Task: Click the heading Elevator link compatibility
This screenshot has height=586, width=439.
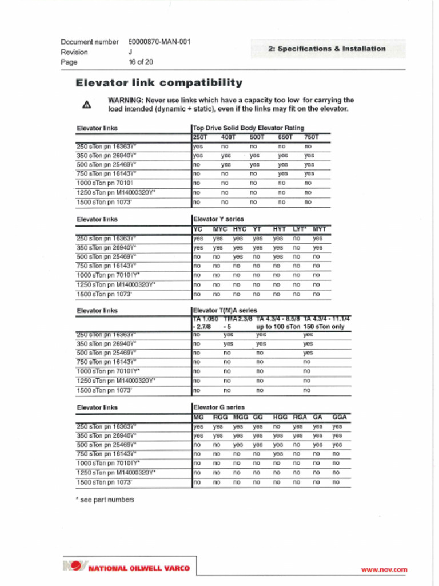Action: coord(159,83)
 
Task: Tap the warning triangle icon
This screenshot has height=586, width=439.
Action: coord(86,105)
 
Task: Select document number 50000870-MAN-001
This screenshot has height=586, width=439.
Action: coord(159,42)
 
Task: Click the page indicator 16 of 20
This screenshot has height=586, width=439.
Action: coord(141,62)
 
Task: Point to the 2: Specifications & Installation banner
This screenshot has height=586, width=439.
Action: coord(327,49)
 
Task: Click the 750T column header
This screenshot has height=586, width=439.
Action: coord(311,137)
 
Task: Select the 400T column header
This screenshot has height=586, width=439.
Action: coord(228,137)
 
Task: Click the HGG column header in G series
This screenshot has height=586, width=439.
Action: coord(280,417)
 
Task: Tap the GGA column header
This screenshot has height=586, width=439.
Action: coord(340,417)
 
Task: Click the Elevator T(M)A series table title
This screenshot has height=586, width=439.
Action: coord(225,311)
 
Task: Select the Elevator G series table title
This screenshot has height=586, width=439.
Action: coord(219,407)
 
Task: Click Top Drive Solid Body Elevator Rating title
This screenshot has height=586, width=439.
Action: coord(249,128)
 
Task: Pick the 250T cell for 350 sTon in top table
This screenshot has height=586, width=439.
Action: coord(198,156)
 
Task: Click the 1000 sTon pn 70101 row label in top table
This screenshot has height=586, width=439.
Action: coord(105,183)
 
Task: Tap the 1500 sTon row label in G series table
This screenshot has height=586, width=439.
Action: coord(105,482)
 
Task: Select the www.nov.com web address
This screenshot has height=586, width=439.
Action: coord(384,569)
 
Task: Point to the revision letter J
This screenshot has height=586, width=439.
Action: coord(130,52)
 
